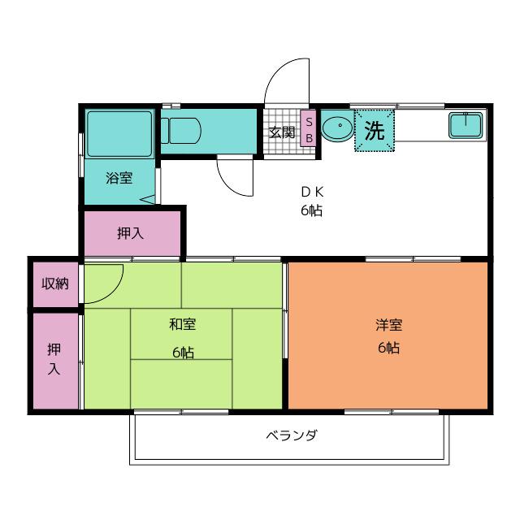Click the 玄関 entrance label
pyautogui.click(x=282, y=132)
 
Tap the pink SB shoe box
pyautogui.click(x=309, y=128)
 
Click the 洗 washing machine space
pyautogui.click(x=375, y=130)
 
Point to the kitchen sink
pyautogui.click(x=466, y=125)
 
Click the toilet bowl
pyautogui.click(x=181, y=131)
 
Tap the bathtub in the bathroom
pyautogui.click(x=119, y=134)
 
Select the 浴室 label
pyautogui.click(x=119, y=178)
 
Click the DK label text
pyautogui.click(x=312, y=192)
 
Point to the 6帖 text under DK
pyautogui.click(x=312, y=210)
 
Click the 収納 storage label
pyautogui.click(x=55, y=284)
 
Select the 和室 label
pyautogui.click(x=182, y=324)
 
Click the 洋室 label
pyautogui.click(x=389, y=325)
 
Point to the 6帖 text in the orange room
pyautogui.click(x=388, y=348)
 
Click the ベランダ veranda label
pyautogui.click(x=292, y=435)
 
